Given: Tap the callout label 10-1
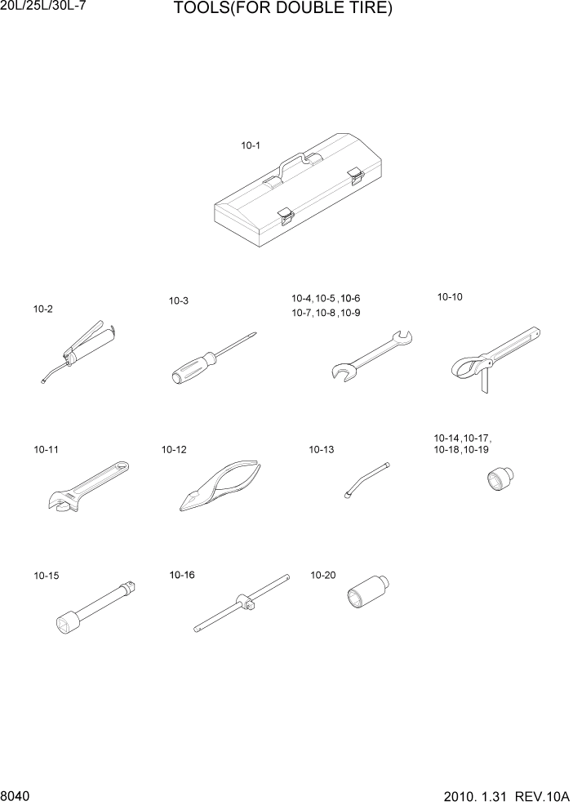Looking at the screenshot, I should [250, 146].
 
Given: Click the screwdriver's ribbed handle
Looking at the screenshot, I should [193, 367].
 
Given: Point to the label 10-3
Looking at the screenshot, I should [179, 301].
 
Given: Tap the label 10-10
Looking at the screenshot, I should [450, 297].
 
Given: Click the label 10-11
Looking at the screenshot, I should [46, 450].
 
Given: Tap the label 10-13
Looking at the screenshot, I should [321, 450].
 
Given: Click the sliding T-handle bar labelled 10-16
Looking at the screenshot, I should [242, 603].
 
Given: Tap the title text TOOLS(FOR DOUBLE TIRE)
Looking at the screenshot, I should [283, 10].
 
